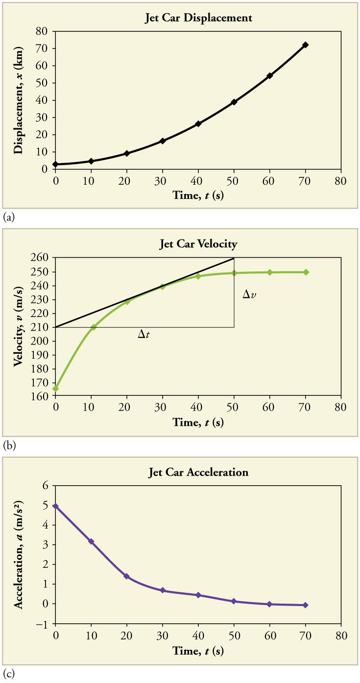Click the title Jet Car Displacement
point(198,18)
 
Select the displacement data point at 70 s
point(305,45)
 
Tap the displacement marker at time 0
point(56,164)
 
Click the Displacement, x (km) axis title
point(18,99)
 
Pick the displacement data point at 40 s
point(198,124)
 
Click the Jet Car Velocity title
point(198,244)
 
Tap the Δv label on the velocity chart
point(250,295)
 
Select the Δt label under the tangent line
point(144,335)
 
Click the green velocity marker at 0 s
point(56,389)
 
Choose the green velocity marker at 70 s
point(305,272)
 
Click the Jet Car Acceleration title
point(198,473)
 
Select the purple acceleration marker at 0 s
point(56,506)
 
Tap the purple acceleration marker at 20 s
point(127,576)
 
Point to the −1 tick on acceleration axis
point(44,624)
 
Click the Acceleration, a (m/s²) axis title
point(18,554)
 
